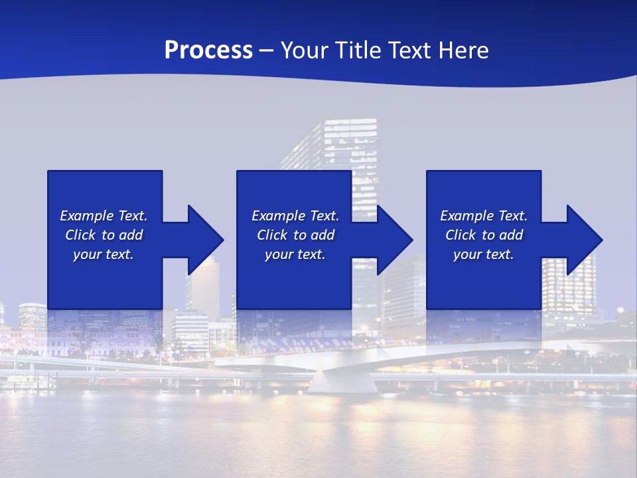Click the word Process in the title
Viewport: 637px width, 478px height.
coord(208,50)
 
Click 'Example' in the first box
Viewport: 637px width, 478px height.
coord(86,216)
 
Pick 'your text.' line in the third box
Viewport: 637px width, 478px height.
coord(483,254)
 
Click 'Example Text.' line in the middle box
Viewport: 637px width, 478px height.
coord(295,216)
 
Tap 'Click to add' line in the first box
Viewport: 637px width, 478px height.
coord(104,235)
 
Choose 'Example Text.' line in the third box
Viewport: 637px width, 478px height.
coord(483,216)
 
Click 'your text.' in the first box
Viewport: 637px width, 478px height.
coord(104,254)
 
